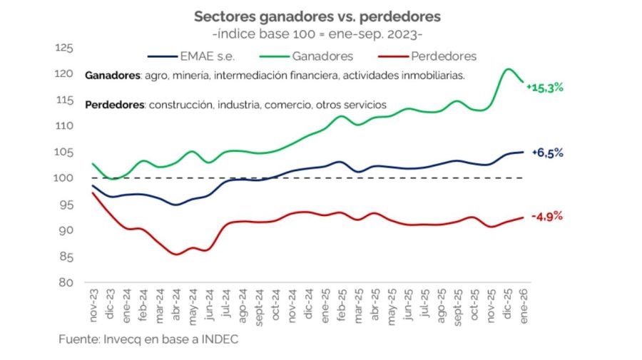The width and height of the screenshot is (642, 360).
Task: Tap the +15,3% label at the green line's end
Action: pyautogui.click(x=545, y=88)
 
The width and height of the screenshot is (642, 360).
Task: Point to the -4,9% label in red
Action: pyautogui.click(x=547, y=216)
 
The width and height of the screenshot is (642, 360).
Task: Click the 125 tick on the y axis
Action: pyautogui.click(x=64, y=48)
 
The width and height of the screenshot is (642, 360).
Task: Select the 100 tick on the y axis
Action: pyautogui.click(x=64, y=178)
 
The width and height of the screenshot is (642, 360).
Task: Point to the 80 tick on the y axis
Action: pyautogui.click(x=67, y=282)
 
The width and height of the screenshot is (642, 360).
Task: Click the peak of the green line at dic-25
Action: pyautogui.click(x=508, y=69)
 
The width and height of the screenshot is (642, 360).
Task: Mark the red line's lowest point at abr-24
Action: pyautogui.click(x=176, y=254)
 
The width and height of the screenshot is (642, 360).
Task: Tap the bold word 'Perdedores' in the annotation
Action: pyautogui.click(x=113, y=105)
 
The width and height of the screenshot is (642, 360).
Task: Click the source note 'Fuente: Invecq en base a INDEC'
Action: pyautogui.click(x=148, y=340)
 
